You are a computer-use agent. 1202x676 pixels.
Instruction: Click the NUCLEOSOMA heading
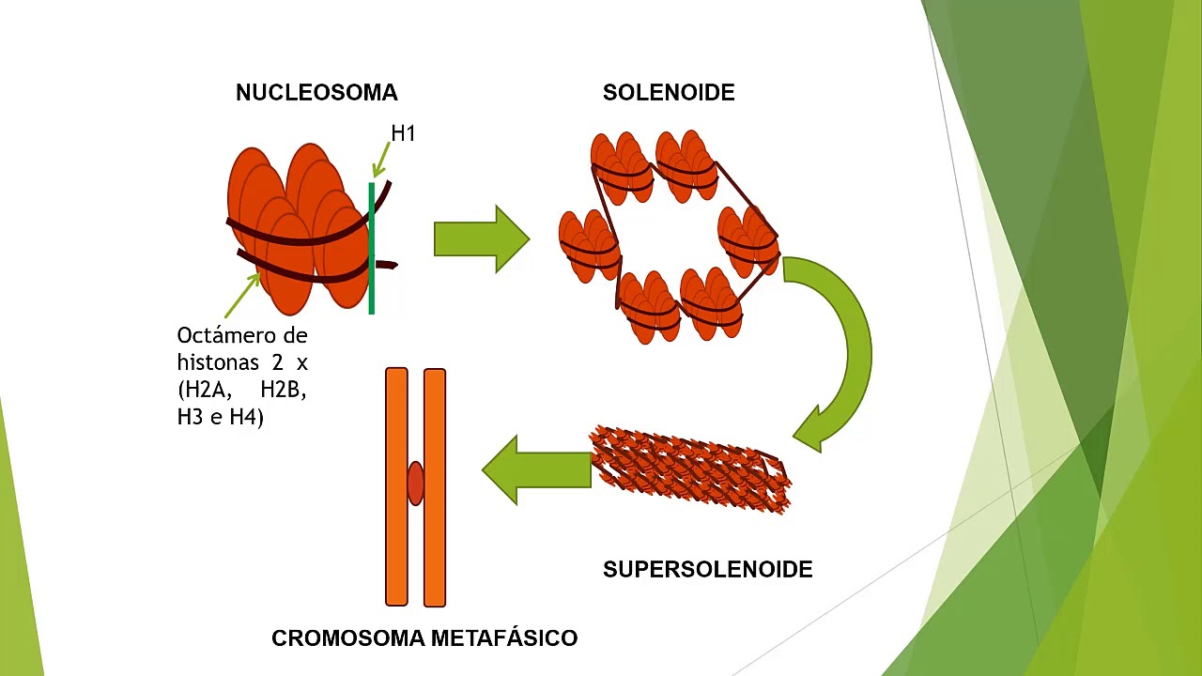click(x=316, y=93)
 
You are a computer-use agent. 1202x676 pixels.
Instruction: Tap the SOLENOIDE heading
click(x=669, y=93)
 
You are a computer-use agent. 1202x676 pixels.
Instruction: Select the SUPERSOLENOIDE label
click(x=707, y=570)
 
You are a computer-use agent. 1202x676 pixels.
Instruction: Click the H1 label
click(x=403, y=133)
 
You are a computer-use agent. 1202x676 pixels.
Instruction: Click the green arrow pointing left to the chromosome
click(x=535, y=469)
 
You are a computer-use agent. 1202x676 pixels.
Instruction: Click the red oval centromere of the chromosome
click(x=415, y=483)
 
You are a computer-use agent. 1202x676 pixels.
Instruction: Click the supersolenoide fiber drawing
click(x=690, y=469)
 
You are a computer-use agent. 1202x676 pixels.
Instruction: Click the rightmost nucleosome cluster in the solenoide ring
click(x=749, y=239)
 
